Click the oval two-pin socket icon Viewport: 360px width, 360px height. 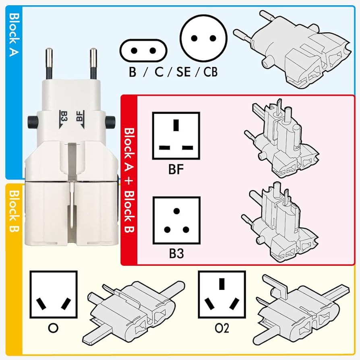click(143, 50)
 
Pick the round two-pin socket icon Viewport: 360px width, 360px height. click(204, 39)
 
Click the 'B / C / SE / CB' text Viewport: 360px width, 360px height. click(174, 72)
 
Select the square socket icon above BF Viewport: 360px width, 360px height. click(176, 136)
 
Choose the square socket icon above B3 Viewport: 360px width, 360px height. click(176, 220)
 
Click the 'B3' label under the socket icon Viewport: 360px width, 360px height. click(176, 254)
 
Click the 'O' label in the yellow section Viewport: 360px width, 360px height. click(53, 329)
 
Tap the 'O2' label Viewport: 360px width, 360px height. click(221, 329)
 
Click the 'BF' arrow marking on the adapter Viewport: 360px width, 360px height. click(80, 117)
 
